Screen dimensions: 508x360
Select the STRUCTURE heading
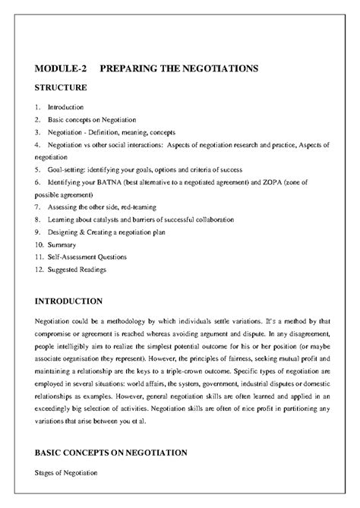pos(61,87)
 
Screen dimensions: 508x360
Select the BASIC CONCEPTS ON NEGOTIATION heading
pos(111,453)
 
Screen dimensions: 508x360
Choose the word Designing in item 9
pos(63,232)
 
